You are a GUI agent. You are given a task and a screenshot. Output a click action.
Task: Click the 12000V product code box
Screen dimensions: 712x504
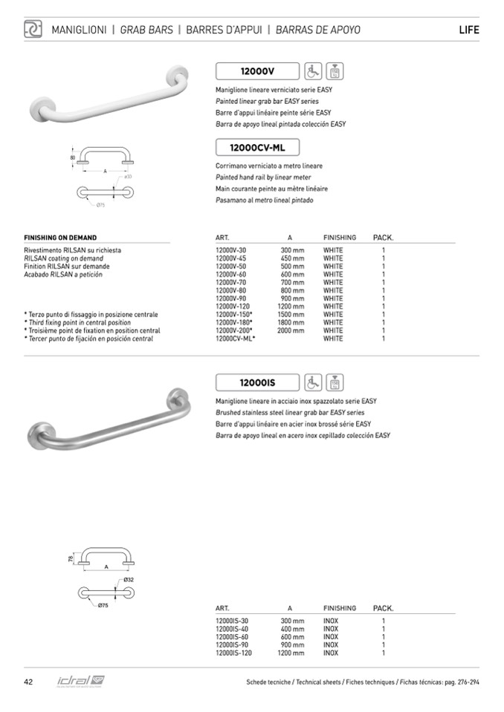click(257, 71)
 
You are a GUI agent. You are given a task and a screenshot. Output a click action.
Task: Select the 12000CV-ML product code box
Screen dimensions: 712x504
click(257, 148)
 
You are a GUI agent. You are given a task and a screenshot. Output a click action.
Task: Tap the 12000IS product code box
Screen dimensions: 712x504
click(257, 383)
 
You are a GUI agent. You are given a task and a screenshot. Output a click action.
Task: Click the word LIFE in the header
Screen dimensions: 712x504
click(469, 30)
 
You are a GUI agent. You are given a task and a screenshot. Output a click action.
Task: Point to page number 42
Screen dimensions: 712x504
click(28, 682)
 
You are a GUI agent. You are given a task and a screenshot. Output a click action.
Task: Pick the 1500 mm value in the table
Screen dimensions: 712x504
click(291, 315)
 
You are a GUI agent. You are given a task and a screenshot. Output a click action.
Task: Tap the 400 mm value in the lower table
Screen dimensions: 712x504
click(292, 629)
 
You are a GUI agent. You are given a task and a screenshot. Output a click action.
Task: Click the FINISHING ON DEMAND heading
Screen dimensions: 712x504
click(60, 238)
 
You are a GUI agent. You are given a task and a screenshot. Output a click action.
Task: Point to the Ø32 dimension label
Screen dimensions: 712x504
click(129, 579)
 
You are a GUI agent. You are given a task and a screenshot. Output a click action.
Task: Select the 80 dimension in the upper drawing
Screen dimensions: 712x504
click(73, 157)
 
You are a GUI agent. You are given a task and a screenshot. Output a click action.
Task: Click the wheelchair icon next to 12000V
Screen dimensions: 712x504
click(311, 71)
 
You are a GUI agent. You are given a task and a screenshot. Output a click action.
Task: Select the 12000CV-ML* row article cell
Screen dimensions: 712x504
click(235, 339)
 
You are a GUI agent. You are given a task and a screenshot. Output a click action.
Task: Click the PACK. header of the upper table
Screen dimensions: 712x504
click(383, 238)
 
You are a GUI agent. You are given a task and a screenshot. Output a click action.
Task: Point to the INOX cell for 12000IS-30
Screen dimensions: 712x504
click(331, 621)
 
